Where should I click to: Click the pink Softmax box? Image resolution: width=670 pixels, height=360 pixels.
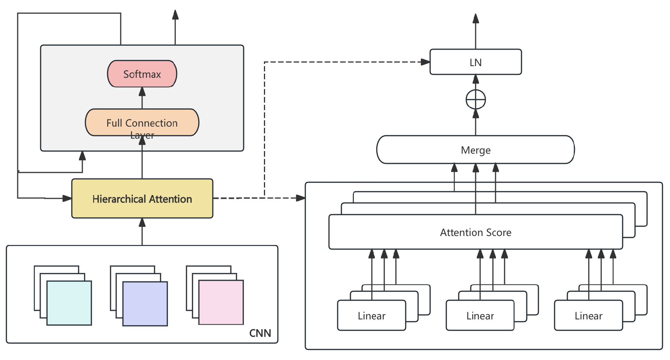point(142,74)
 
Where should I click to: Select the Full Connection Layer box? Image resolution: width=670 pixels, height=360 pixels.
point(142,123)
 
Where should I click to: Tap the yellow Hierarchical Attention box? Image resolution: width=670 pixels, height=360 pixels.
point(142,198)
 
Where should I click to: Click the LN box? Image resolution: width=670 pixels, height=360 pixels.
point(476,62)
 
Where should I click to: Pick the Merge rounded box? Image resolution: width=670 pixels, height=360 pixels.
point(476,150)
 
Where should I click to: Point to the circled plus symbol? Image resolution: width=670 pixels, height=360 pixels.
point(476,100)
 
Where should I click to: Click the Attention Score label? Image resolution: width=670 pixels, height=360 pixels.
point(476,232)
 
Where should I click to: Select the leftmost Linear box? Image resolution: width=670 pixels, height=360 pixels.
point(371,316)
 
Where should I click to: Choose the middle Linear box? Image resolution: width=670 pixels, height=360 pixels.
point(480,316)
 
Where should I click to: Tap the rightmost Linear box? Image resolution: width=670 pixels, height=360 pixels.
point(588,316)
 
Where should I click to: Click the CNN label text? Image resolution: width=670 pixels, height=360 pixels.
point(260,333)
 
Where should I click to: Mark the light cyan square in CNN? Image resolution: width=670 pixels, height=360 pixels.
point(69,303)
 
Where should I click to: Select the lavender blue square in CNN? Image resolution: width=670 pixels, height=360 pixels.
point(145,304)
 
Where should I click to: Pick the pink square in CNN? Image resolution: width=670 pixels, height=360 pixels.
point(221,303)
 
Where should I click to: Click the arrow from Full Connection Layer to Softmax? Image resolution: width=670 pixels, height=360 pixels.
point(142,98)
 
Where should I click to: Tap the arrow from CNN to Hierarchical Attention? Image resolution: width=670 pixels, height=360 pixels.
point(142,231)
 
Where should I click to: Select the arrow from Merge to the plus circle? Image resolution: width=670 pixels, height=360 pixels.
point(476,122)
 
